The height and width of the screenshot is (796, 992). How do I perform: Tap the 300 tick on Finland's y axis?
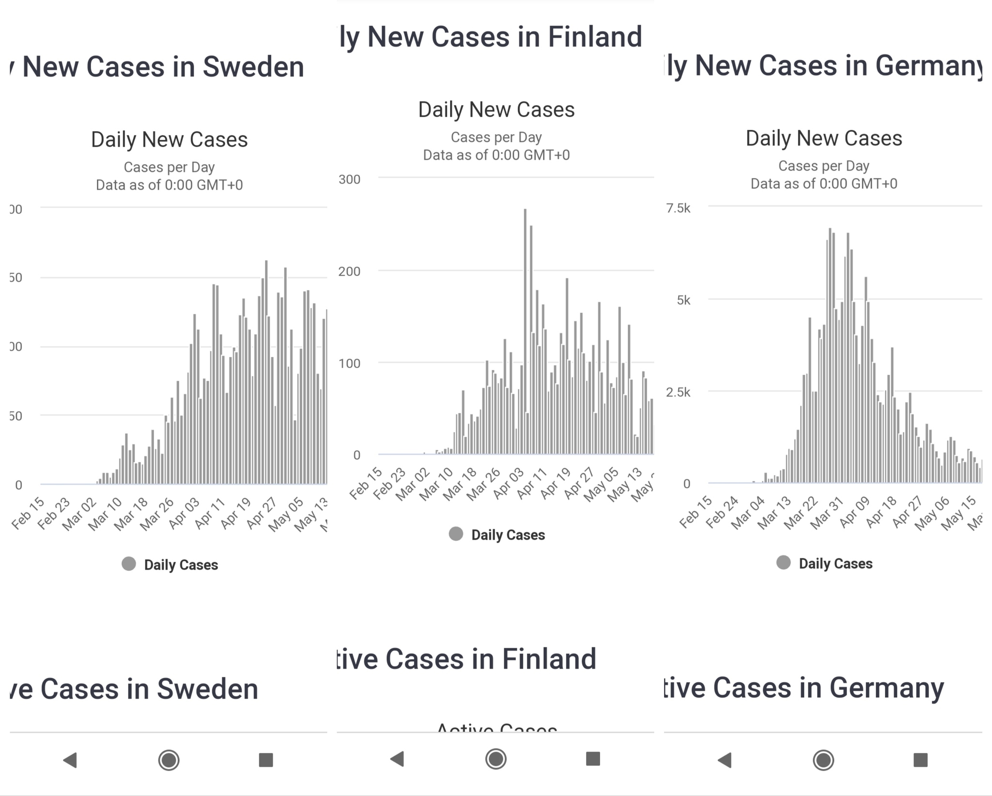click(349, 179)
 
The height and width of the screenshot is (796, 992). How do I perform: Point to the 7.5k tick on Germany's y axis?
click(678, 208)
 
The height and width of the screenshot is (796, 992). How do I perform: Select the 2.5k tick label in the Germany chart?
click(678, 392)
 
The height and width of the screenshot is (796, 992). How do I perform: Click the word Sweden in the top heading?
click(253, 67)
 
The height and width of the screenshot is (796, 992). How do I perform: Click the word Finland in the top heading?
click(595, 37)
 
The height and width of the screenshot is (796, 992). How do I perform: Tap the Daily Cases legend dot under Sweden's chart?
click(129, 564)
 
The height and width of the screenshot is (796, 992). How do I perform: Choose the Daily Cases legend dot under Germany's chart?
click(783, 563)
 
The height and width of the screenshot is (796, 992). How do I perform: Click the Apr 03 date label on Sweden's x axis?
click(185, 512)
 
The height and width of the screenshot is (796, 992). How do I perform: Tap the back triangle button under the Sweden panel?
click(71, 760)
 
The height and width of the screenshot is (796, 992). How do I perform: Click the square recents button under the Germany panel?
click(920, 760)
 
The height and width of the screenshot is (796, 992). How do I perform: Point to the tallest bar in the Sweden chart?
click(266, 373)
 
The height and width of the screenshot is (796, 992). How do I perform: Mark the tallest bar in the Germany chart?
click(830, 356)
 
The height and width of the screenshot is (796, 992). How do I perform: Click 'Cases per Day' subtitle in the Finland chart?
click(496, 138)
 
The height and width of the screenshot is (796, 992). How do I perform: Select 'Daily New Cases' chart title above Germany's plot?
click(823, 138)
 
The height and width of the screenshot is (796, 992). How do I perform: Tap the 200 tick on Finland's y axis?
click(349, 271)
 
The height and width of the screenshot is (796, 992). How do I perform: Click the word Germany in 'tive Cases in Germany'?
click(886, 688)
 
